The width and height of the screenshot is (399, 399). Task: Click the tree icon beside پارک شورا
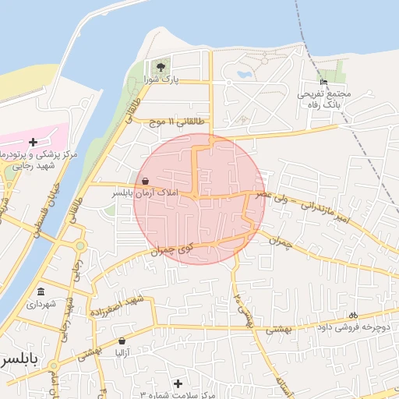[x=161, y=68]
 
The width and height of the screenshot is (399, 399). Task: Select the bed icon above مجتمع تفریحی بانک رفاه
[x=324, y=83]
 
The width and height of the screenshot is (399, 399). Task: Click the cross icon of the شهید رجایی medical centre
[x=33, y=142]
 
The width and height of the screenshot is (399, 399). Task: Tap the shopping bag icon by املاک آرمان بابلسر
[x=145, y=181]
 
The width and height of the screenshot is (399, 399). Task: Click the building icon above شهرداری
[x=40, y=292]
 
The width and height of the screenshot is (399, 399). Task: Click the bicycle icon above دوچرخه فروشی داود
[x=352, y=316]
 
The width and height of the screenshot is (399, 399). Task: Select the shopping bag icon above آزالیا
[x=122, y=341]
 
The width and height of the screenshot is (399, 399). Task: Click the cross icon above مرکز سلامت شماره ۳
[x=178, y=383]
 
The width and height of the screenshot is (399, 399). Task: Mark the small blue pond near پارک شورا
[x=244, y=76]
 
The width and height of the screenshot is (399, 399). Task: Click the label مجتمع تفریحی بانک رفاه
[x=324, y=98]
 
